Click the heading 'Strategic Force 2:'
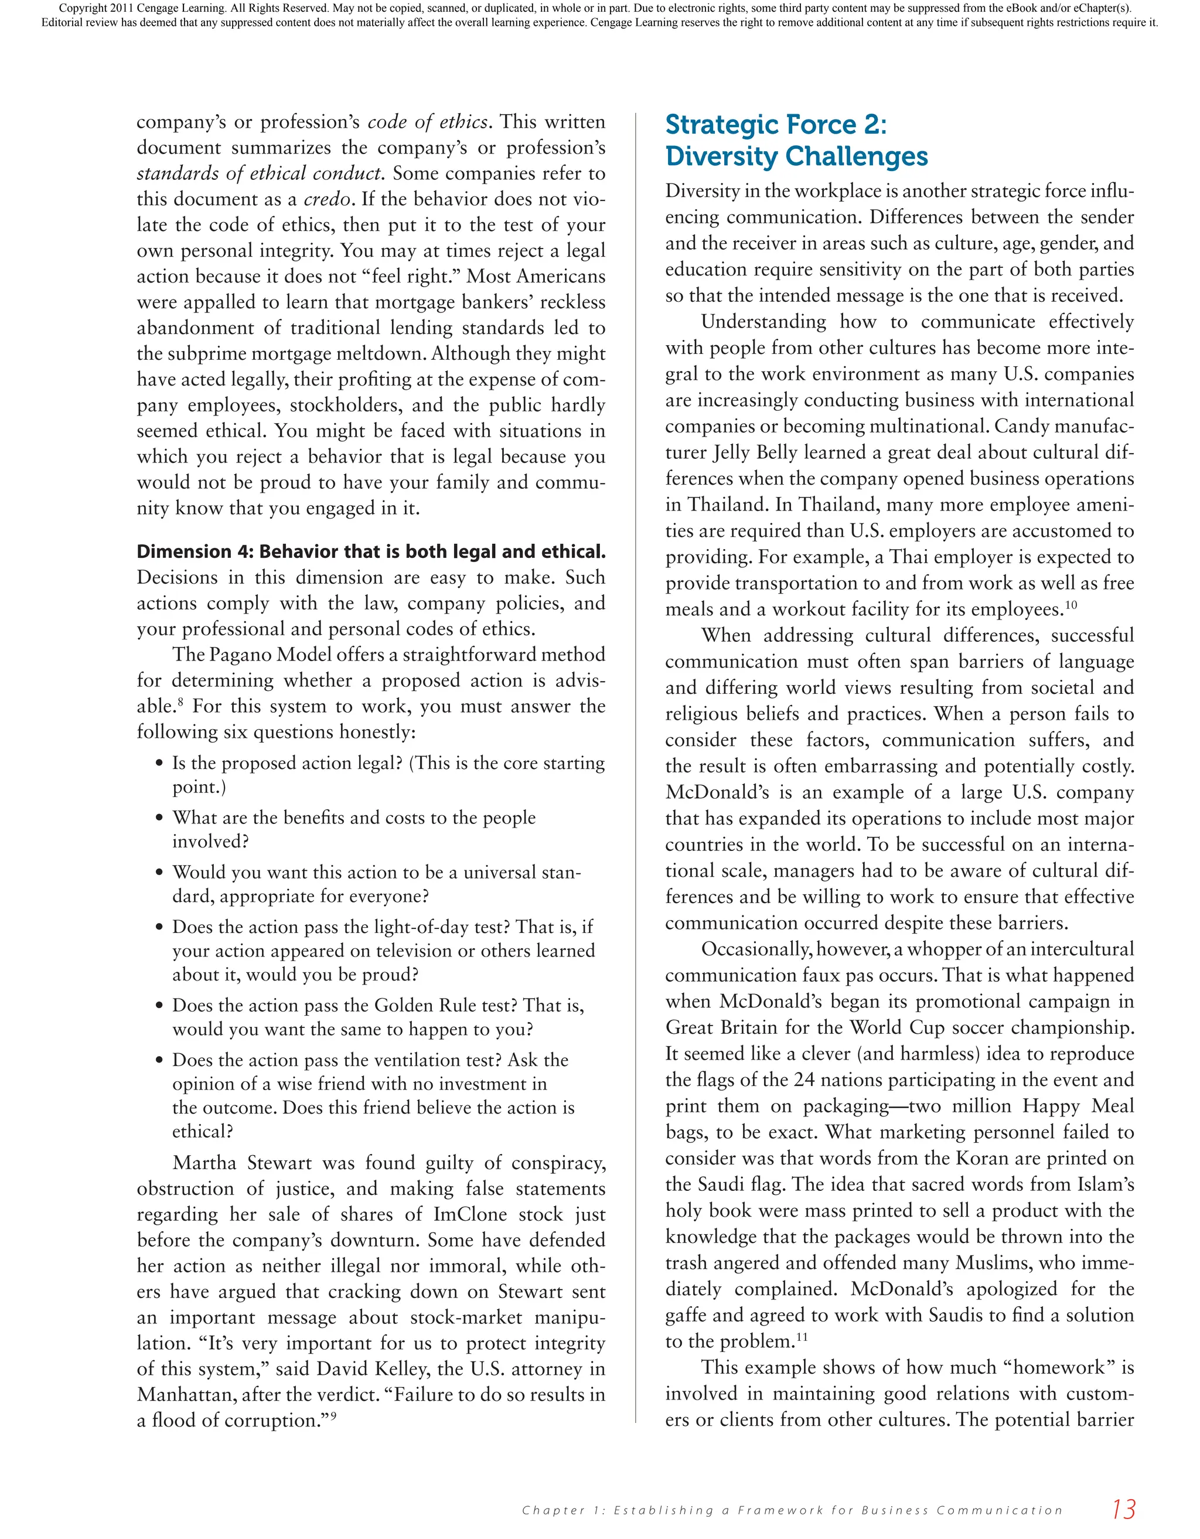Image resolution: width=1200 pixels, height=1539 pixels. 775,125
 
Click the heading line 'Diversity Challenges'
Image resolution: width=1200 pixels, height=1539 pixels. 796,156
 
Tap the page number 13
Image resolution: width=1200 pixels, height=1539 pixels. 1123,1508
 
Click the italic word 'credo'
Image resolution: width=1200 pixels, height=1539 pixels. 327,199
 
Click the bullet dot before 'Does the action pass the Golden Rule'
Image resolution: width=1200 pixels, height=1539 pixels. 159,1006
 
